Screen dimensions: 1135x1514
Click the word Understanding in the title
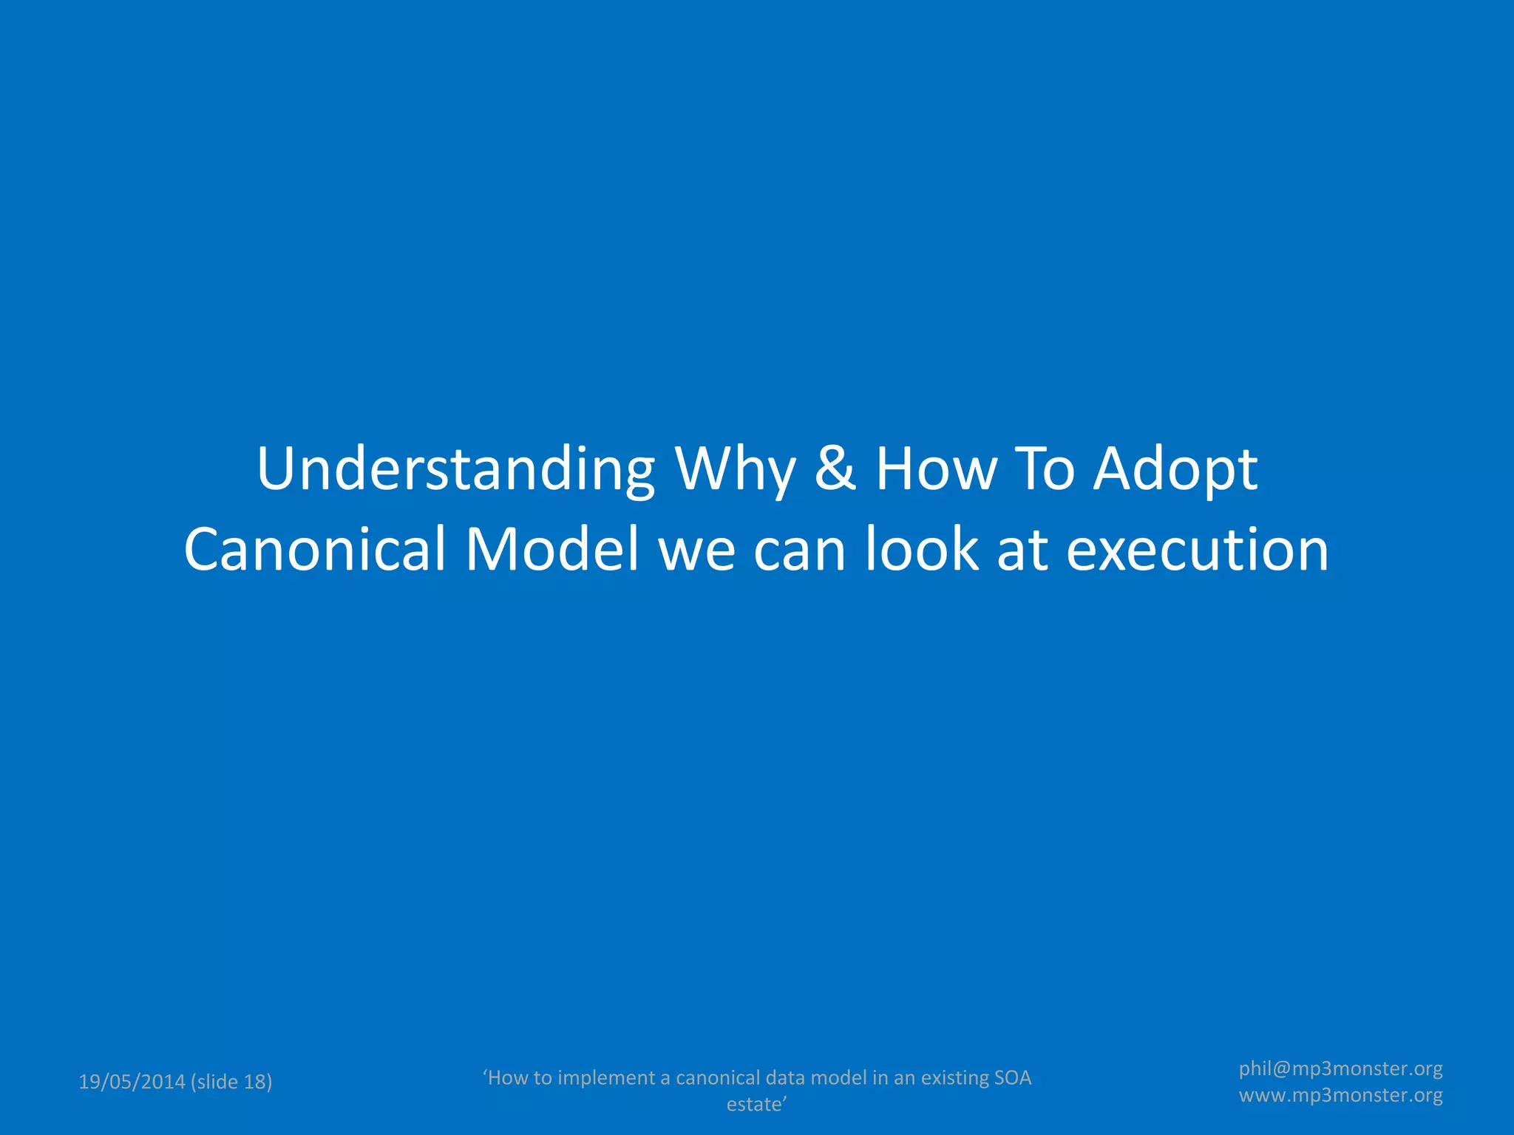coord(455,470)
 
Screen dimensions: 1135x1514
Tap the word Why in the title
coord(735,470)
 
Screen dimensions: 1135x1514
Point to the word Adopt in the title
coord(1175,470)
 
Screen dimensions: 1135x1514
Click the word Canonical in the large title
coord(315,550)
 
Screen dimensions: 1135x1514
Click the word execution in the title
coord(1197,550)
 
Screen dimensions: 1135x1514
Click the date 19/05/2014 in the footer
coord(132,1082)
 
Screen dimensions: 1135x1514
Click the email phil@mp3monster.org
coord(1340,1068)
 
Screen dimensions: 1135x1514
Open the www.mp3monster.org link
coord(1340,1095)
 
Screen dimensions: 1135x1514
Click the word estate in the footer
coord(753,1105)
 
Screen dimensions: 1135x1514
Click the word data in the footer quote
coord(785,1078)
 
